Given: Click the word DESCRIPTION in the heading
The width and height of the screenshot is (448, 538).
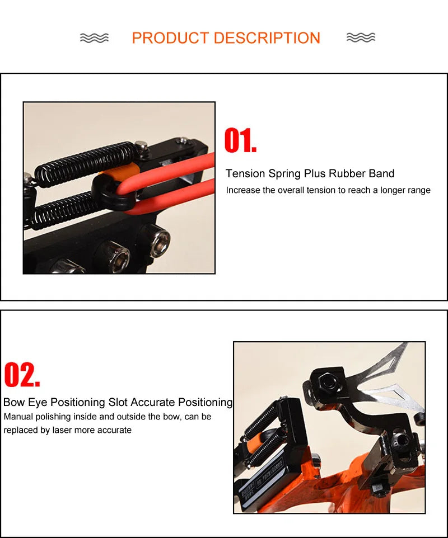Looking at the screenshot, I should [x=267, y=38].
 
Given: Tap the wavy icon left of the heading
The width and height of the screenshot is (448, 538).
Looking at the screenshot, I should [x=94, y=38].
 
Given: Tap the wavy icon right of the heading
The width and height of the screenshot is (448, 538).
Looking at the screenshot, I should [x=361, y=38].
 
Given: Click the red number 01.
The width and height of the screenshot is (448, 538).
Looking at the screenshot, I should [x=240, y=140].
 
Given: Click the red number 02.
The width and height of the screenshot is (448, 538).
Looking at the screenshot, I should [x=22, y=375].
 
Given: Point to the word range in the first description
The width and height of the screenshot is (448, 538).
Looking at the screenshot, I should [x=418, y=190].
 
